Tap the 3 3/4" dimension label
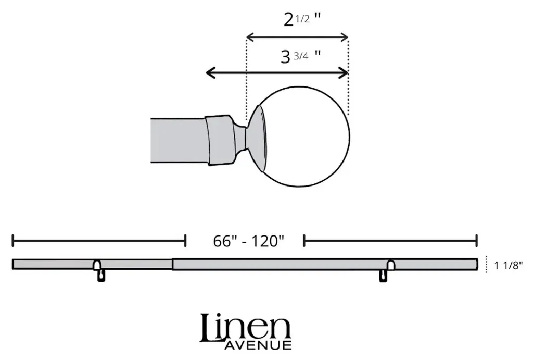coord(300,56)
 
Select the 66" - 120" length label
coord(248,241)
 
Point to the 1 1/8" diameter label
coord(508,265)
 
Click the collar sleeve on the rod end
coord(220,140)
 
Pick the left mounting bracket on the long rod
coord(98,270)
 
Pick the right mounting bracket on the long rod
coord(387,270)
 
